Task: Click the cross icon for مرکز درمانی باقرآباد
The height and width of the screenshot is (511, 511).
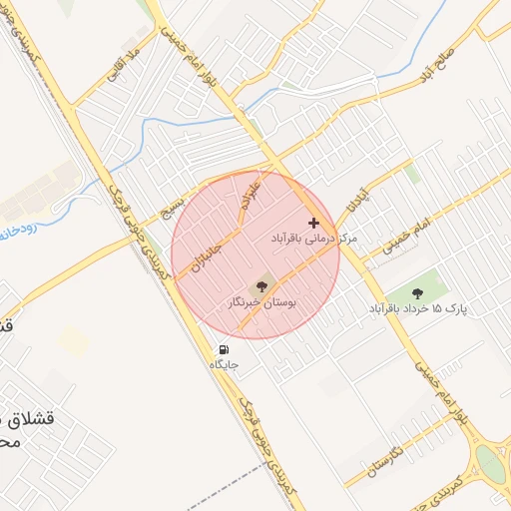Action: point(314,223)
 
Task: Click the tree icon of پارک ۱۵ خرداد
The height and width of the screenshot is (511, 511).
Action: point(420,293)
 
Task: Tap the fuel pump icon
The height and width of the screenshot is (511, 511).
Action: point(224,351)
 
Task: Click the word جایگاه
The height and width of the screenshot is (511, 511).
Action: point(224,366)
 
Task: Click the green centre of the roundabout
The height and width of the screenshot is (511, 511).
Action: point(491,463)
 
